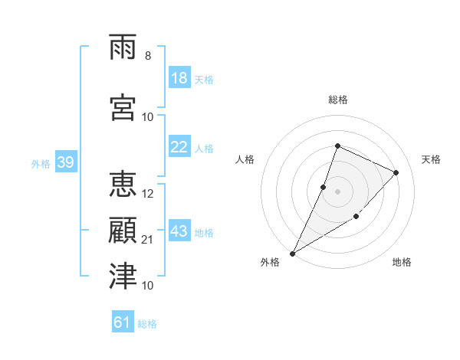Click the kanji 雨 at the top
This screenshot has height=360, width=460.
[x=123, y=47]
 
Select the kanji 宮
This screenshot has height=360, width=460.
[x=123, y=107]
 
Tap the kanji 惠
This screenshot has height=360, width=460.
[x=123, y=184]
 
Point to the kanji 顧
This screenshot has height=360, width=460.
[x=123, y=230]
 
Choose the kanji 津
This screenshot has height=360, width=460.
[x=123, y=276]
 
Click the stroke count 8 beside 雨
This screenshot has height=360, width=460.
[x=148, y=56]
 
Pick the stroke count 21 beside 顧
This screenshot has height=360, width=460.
[x=147, y=240]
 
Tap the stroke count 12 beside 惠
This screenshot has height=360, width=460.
[x=147, y=194]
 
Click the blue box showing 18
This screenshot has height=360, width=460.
[x=180, y=77]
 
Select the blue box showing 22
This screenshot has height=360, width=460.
[x=180, y=146]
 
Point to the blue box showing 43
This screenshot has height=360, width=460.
[x=180, y=230]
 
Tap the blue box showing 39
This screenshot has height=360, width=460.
[x=66, y=162]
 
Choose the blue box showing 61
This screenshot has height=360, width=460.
[x=123, y=321]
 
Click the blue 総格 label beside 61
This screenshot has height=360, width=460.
[x=147, y=324]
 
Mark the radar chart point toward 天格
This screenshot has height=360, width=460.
[x=396, y=172]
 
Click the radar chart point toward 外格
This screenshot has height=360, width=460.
[x=292, y=254]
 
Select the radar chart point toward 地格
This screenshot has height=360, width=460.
[x=356, y=216]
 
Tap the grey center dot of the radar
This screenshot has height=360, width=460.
[x=337, y=191]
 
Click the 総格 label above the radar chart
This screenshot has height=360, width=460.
[x=338, y=100]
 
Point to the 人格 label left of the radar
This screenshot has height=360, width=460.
[x=245, y=159]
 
